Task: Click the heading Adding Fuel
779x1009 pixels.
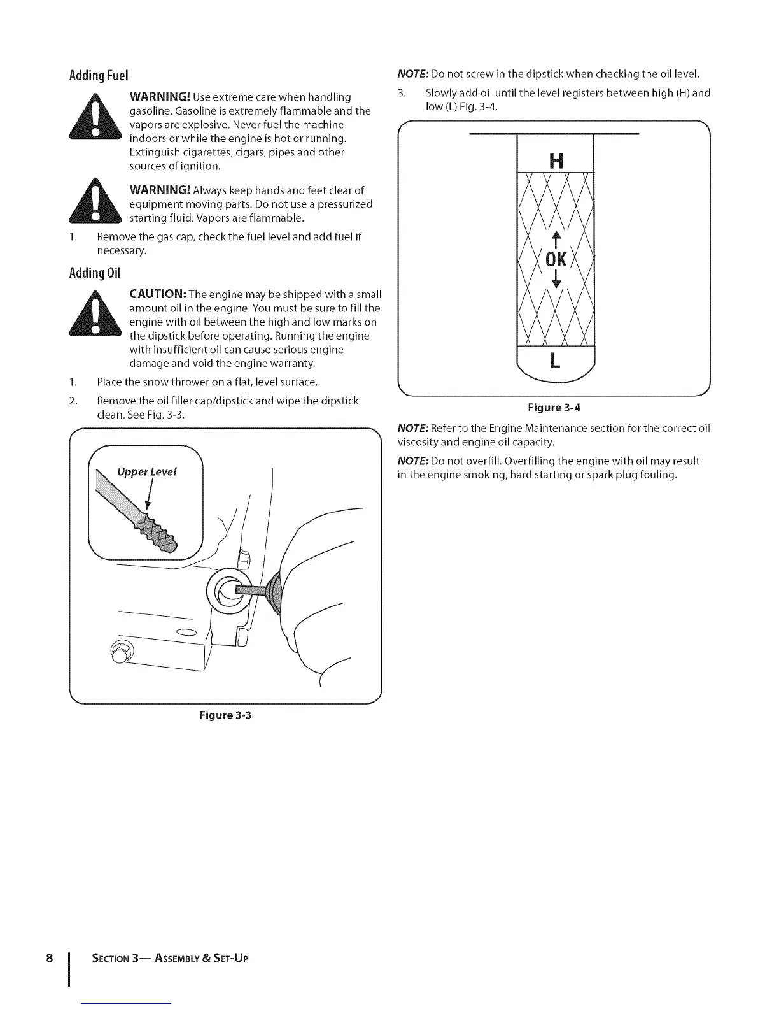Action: click(99, 76)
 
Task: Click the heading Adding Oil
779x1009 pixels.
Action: click(95, 273)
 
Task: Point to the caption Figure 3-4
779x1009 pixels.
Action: click(553, 408)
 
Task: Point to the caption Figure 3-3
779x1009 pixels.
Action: click(225, 715)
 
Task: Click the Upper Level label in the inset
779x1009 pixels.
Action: click(147, 472)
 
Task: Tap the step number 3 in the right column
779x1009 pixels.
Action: click(401, 93)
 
